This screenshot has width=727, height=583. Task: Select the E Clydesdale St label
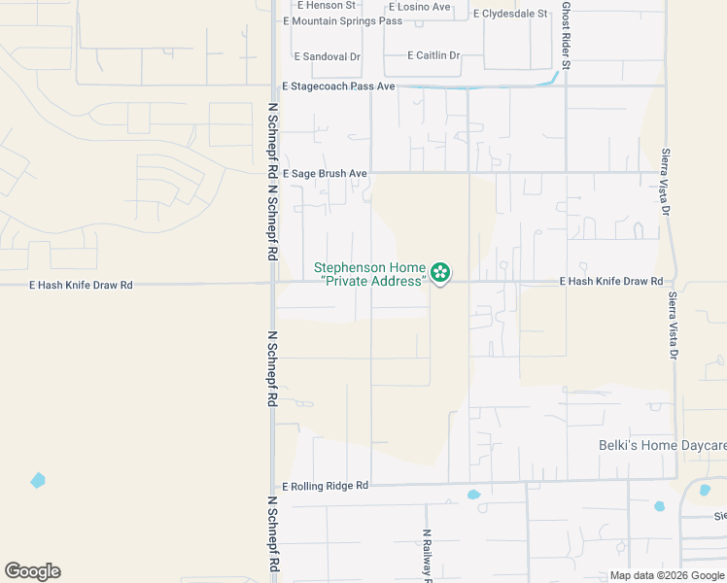[510, 14]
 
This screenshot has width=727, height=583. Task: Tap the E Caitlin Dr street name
[433, 55]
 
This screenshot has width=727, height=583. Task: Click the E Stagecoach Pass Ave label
[338, 86]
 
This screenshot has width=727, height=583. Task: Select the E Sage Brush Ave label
[325, 173]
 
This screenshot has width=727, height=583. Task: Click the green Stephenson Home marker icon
[440, 272]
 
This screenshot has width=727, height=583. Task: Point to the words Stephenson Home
[369, 267]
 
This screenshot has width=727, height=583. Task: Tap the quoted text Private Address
[373, 281]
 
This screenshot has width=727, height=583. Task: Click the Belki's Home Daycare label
[661, 445]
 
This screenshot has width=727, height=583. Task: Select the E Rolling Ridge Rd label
[326, 486]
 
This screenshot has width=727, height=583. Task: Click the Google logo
[32, 571]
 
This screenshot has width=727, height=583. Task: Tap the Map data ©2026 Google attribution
[667, 575]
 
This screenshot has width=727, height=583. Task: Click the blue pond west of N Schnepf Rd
[38, 480]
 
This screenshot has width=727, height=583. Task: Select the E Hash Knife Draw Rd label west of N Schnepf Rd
[81, 286]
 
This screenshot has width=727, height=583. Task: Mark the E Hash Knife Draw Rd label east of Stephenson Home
[611, 282]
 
